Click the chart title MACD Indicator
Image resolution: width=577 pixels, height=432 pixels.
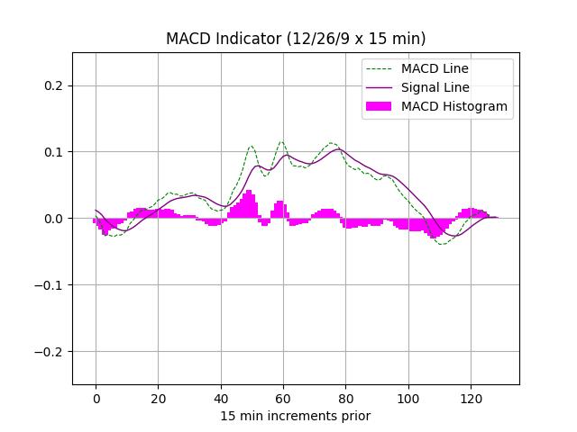[x=296, y=39]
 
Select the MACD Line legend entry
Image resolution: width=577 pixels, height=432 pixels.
[x=435, y=68]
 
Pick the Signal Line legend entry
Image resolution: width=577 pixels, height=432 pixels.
[x=435, y=87]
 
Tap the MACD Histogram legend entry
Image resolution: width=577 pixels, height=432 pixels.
[x=453, y=106]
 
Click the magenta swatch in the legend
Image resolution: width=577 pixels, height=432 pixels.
[x=380, y=106]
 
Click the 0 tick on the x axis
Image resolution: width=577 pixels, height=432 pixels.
[x=96, y=398]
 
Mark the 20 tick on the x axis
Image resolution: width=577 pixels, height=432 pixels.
[x=158, y=398]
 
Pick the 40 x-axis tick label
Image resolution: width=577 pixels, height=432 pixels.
[x=220, y=398]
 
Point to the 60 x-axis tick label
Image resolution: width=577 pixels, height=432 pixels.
[x=282, y=398]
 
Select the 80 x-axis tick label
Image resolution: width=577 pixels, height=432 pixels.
[x=344, y=398]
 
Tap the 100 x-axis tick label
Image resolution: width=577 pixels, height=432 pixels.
[x=407, y=398]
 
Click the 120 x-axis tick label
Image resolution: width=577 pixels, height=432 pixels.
[x=469, y=398]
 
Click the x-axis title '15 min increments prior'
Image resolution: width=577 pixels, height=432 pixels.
[x=296, y=416]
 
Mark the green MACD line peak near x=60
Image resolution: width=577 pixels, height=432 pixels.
[x=281, y=141]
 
